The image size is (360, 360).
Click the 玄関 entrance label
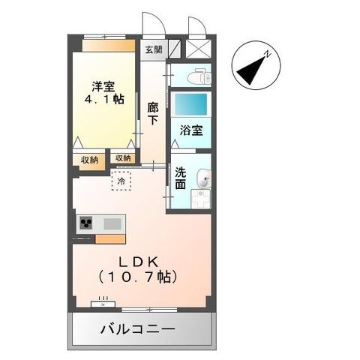[x=152, y=49]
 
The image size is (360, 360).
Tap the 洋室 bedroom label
[x=103, y=85]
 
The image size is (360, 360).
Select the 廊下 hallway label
[x=153, y=113]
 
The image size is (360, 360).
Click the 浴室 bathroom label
[x=190, y=130]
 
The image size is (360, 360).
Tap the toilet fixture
[x=196, y=76]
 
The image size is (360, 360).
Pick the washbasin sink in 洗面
[x=202, y=178]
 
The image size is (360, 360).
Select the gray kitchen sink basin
[x=112, y=223]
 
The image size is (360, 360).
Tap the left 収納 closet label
[x=89, y=159]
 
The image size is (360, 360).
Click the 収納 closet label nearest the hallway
[x=123, y=157]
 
